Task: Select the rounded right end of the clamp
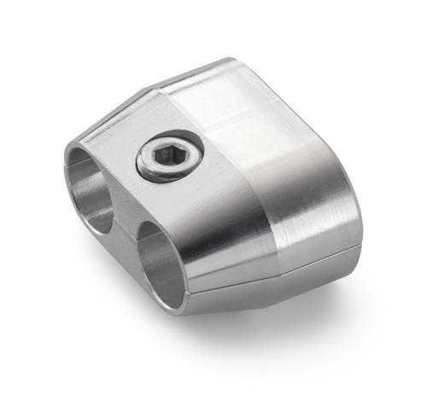pos(337,196)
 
